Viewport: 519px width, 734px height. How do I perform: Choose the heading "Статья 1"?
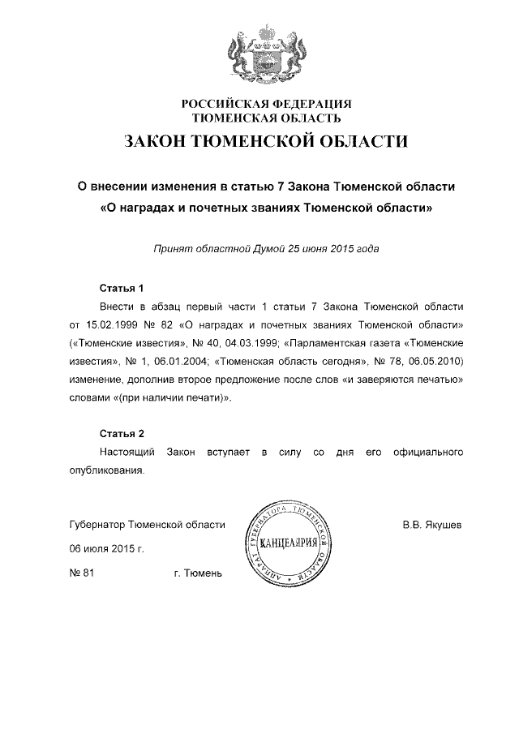121,288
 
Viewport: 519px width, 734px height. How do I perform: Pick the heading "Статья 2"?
121,433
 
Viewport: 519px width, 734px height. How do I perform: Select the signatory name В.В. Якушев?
432,525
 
